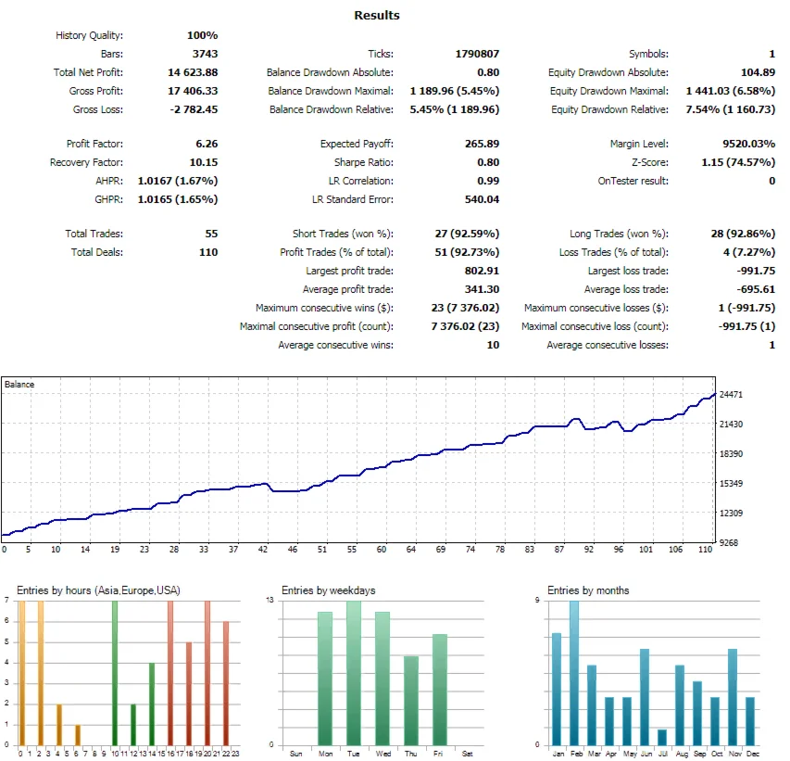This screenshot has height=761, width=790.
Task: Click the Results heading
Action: [377, 15]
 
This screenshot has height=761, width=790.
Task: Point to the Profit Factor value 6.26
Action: [207, 144]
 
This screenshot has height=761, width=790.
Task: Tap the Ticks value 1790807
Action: [477, 54]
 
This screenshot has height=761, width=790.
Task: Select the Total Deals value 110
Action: [208, 252]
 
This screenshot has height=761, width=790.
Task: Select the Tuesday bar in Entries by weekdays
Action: [353, 672]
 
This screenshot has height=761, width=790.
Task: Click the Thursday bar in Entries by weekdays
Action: [410, 700]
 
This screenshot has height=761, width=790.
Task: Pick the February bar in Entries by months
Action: [574, 672]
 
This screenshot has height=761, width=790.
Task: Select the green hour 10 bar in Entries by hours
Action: [115, 672]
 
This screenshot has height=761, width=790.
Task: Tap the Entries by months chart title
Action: [588, 590]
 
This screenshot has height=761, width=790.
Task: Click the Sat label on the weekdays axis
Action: [467, 754]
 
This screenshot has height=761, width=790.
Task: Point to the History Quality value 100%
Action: [203, 35]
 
